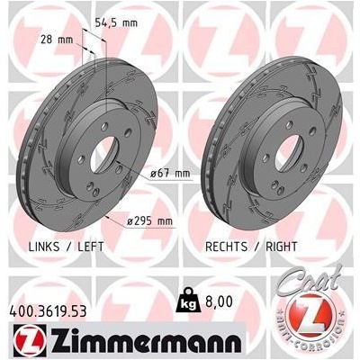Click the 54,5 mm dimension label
116,22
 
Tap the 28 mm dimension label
57,40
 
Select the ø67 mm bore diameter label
170,174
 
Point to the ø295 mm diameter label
149,221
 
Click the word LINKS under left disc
44,247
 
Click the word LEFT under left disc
91,247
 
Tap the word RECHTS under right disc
227,247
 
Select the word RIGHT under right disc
282,247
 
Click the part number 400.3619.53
49,311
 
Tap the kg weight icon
188,300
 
